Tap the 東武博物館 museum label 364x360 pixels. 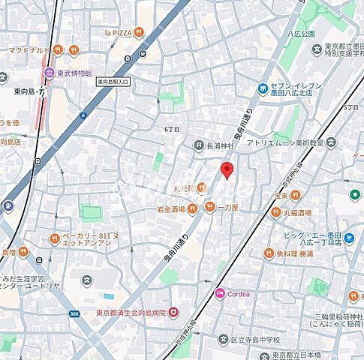[x=78, y=73]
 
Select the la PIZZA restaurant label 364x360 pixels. [x=118, y=33]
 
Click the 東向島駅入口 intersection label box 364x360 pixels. [x=113, y=81]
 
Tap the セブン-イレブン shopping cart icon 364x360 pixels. [x=263, y=88]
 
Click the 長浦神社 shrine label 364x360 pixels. [x=221, y=145]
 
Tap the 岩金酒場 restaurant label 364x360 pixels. [x=171, y=208]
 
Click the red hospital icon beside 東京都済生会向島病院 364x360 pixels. [x=173, y=311]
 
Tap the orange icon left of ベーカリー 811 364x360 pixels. [x=55, y=238]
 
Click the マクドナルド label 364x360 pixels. [x=29, y=50]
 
